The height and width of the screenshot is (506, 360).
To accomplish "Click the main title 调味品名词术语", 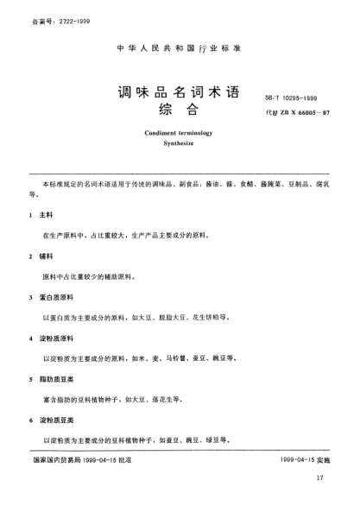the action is pyautogui.click(x=180, y=92).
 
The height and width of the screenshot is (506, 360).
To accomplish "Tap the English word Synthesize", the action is pyautogui.click(x=180, y=148).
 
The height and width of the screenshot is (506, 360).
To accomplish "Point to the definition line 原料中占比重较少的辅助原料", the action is pyautogui.click(x=95, y=276).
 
